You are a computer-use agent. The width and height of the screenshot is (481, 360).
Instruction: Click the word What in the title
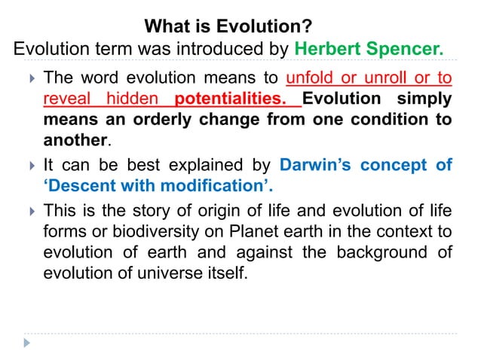point(165,28)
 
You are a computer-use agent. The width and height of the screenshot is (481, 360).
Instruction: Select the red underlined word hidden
point(133,99)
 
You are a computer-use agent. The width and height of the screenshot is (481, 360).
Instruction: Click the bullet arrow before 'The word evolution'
point(29,78)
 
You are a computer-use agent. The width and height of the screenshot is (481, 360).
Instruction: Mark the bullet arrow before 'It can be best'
point(29,165)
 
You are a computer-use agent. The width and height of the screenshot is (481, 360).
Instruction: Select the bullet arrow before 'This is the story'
point(29,210)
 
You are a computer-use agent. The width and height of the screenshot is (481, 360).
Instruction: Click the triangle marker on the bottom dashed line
point(28,343)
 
